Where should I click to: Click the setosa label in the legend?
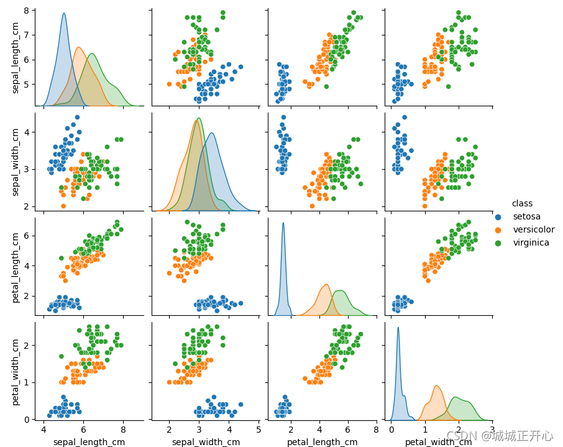pyautogui.click(x=526, y=216)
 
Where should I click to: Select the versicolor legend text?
pyautogui.click(x=533, y=229)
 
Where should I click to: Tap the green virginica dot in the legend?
pyautogui.click(x=497, y=243)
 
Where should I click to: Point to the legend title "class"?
pyautogui.click(x=521, y=203)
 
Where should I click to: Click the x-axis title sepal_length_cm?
pyautogui.click(x=89, y=442)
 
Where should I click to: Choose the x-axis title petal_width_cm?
pyautogui.click(x=439, y=442)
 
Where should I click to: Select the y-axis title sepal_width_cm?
pyautogui.click(x=16, y=161)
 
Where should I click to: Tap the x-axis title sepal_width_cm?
pyautogui.click(x=206, y=442)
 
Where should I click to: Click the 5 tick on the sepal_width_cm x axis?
pyautogui.click(x=258, y=430)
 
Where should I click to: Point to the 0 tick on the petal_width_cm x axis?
pyautogui.click(x=391, y=430)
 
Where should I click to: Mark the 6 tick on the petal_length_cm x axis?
pyautogui.click(x=348, y=430)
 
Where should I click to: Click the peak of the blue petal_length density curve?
pyautogui.click(x=283, y=223)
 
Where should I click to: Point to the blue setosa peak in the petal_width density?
pyautogui.click(x=398, y=328)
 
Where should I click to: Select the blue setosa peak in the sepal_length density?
pyautogui.click(x=64, y=14)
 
